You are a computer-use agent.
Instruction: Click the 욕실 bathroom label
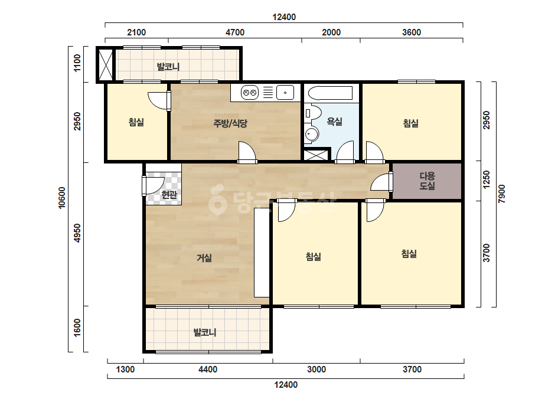pos(334,122)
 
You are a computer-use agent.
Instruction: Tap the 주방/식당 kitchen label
pos(230,123)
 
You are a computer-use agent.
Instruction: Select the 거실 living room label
pos(204,257)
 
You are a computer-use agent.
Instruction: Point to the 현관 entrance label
pos(169,195)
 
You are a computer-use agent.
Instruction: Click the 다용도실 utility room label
pos(427,181)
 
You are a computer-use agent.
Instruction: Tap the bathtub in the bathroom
pos(331,93)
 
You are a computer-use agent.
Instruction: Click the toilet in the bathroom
pos(313,113)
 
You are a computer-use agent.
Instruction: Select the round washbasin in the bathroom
pos(311,134)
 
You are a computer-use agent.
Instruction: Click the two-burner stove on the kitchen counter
pos(250,93)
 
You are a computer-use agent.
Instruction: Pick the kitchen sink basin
pos(285,93)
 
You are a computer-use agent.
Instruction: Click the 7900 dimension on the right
pos(501,194)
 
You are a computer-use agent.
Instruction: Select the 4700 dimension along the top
pos(235,32)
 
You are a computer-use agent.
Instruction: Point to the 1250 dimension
pos(487,179)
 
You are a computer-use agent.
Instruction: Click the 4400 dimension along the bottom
pos(208,369)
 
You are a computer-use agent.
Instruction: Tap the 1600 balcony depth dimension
pos(77,328)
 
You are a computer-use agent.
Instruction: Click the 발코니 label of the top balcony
pos(168,66)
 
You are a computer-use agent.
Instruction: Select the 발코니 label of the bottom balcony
pos(205,332)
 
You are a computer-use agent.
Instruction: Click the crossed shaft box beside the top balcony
pos(106,65)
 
